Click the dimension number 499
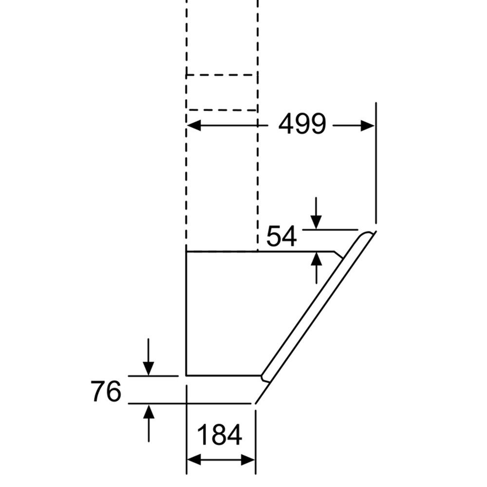pyautogui.click(x=302, y=124)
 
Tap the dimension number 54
pyautogui.click(x=281, y=237)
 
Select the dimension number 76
pyautogui.click(x=106, y=392)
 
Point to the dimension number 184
pyautogui.click(x=219, y=434)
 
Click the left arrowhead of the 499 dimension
pyautogui.click(x=193, y=126)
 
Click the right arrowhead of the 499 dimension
pyautogui.click(x=368, y=126)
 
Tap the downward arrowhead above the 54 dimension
pyautogui.click(x=316, y=223)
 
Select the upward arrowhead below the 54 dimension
pyautogui.click(x=316, y=259)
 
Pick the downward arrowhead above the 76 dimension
pyautogui.click(x=149, y=369)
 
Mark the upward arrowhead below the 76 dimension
pyautogui.click(x=149, y=411)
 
